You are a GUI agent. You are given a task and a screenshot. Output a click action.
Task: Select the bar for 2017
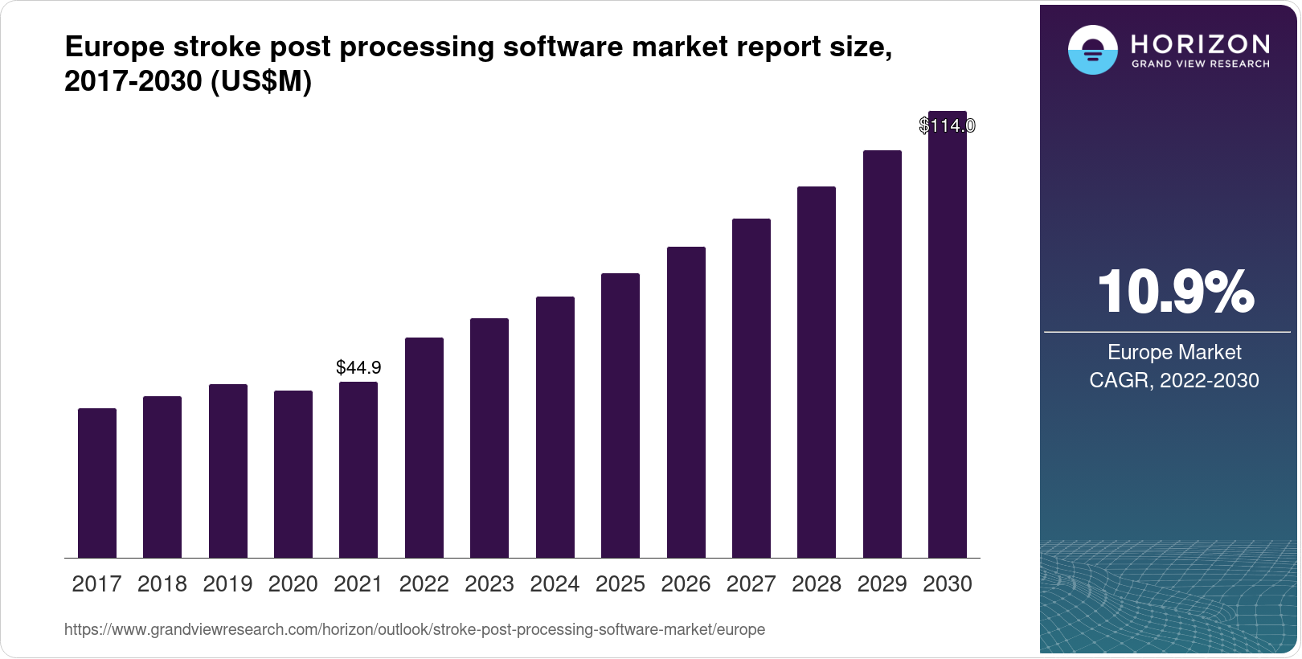click(x=97, y=482)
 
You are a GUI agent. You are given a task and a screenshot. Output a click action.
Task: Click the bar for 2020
click(x=293, y=474)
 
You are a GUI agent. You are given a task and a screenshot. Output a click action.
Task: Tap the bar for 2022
click(x=424, y=448)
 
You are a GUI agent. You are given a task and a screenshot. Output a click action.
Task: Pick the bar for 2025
click(x=620, y=415)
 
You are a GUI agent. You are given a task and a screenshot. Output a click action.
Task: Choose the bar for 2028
click(x=817, y=372)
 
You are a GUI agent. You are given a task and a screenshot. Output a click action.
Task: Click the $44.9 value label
click(x=358, y=367)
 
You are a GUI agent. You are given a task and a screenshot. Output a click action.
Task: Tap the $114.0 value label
click(x=948, y=125)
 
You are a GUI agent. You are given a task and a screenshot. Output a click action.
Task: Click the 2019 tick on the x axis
click(x=227, y=584)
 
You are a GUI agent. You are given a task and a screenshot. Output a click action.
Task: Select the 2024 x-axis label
click(x=555, y=584)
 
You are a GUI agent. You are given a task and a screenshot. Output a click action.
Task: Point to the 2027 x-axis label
click(x=751, y=584)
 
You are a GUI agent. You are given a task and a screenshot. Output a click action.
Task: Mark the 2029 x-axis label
click(x=882, y=584)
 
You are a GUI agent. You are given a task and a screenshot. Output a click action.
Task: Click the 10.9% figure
click(x=1174, y=292)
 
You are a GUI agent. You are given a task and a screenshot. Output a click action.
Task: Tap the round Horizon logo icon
click(x=1092, y=50)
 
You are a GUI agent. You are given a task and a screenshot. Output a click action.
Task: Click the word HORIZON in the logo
click(x=1200, y=43)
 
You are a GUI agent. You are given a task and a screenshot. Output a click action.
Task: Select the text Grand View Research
click(x=1200, y=63)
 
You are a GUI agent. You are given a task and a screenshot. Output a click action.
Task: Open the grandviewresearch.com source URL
click(x=415, y=629)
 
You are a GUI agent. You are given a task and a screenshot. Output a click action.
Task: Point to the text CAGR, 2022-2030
click(x=1174, y=380)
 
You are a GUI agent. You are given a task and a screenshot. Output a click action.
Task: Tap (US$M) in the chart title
click(x=260, y=81)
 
